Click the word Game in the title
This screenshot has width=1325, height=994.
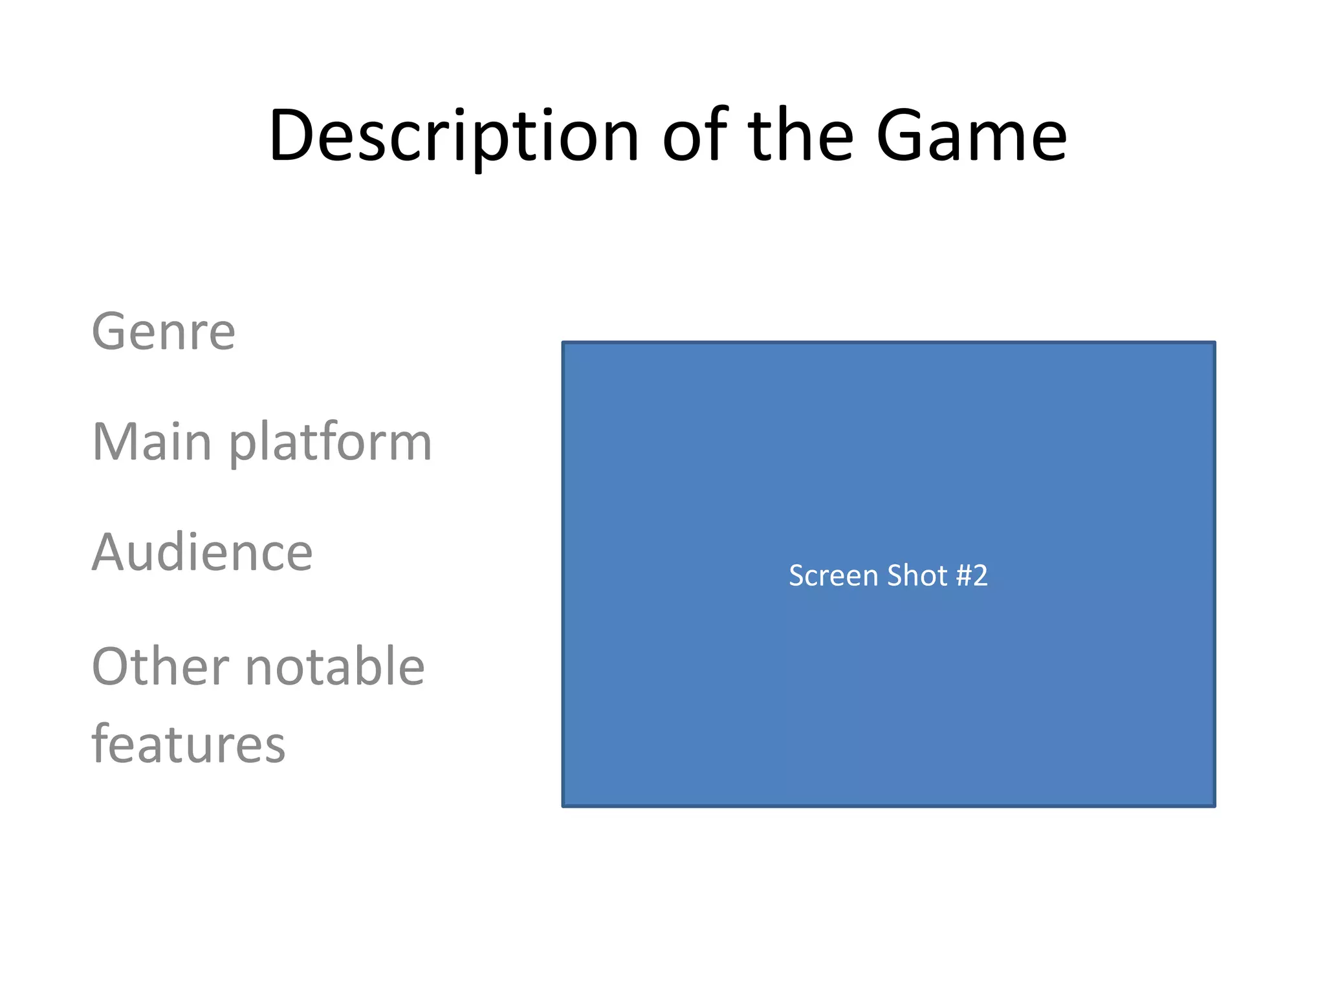click(x=971, y=137)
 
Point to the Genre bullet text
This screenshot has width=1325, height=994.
click(x=164, y=332)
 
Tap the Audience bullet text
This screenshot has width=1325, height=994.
click(x=203, y=553)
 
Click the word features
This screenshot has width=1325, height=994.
click(x=188, y=744)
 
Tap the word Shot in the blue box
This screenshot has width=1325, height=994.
click(x=917, y=575)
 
